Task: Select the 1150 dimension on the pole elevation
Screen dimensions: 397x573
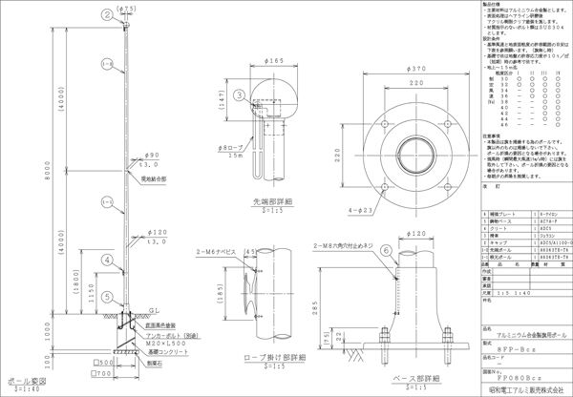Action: tap(92, 296)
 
